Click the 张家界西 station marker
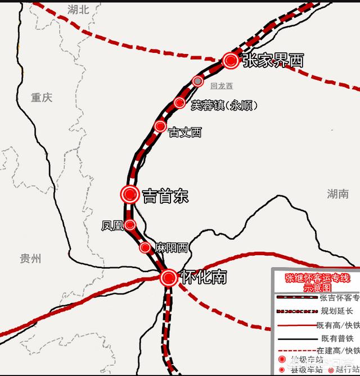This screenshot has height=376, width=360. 230,61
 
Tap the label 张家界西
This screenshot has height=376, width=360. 273,61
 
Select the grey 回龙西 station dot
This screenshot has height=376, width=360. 197,81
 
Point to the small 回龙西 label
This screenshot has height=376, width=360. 221,86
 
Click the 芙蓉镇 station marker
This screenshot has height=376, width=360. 179,103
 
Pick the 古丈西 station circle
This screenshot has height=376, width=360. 160,126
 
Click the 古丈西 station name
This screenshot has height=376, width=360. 185,133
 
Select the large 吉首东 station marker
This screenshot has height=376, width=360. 130,194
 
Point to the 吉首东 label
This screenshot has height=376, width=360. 165,196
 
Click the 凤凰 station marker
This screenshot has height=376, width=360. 130,225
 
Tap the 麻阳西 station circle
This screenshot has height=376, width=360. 145,247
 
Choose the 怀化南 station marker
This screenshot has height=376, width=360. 168,277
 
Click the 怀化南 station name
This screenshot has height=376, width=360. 202,277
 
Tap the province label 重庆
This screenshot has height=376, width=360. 42,97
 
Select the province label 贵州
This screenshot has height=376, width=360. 30,259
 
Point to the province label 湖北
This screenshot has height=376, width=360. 78,9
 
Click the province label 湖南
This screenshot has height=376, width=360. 337,194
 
